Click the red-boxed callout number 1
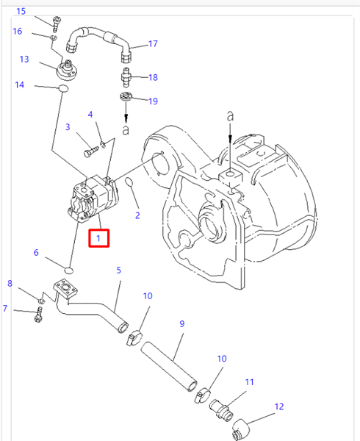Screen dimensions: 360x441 [98, 238]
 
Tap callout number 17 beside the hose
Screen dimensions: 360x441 [153, 44]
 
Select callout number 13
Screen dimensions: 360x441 [24, 59]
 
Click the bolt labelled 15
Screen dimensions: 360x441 [57, 24]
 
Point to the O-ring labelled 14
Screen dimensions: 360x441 [63, 89]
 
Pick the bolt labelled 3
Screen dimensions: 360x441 [91, 151]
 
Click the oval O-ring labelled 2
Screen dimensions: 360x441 [129, 182]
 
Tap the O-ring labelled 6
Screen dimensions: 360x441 [69, 270]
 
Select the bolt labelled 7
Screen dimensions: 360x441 [39, 315]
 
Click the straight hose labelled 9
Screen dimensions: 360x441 [169, 365]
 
